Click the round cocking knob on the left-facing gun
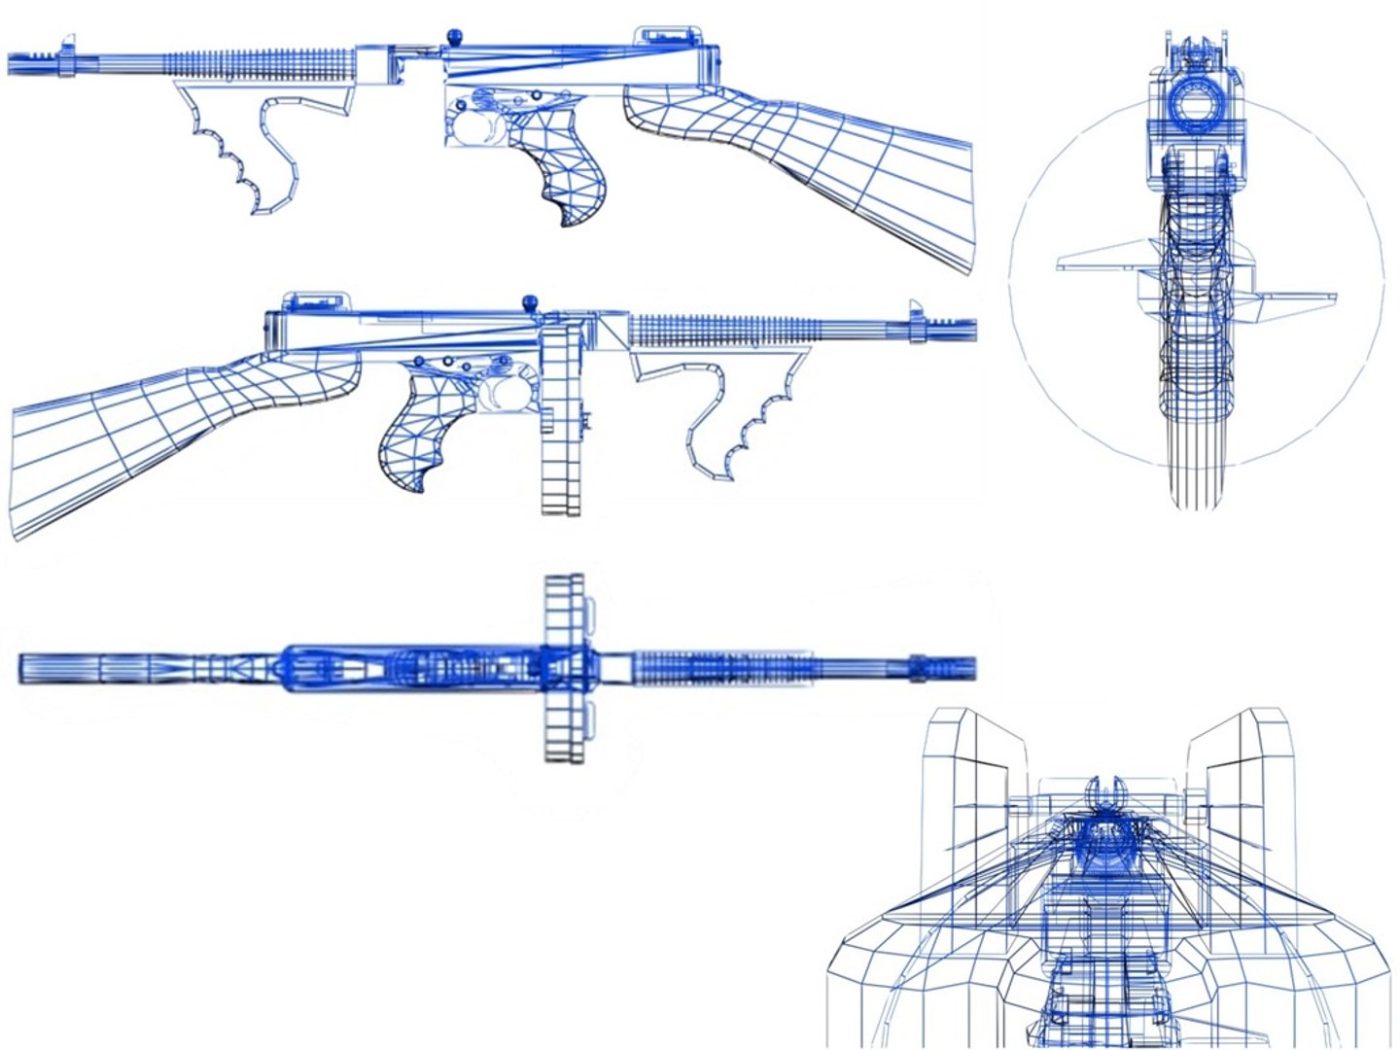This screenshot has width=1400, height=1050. point(453,38)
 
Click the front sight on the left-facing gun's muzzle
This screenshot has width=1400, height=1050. point(67,43)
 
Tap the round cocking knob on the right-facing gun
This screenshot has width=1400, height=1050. point(530,300)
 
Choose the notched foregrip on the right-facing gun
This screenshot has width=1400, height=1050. point(739,418)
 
